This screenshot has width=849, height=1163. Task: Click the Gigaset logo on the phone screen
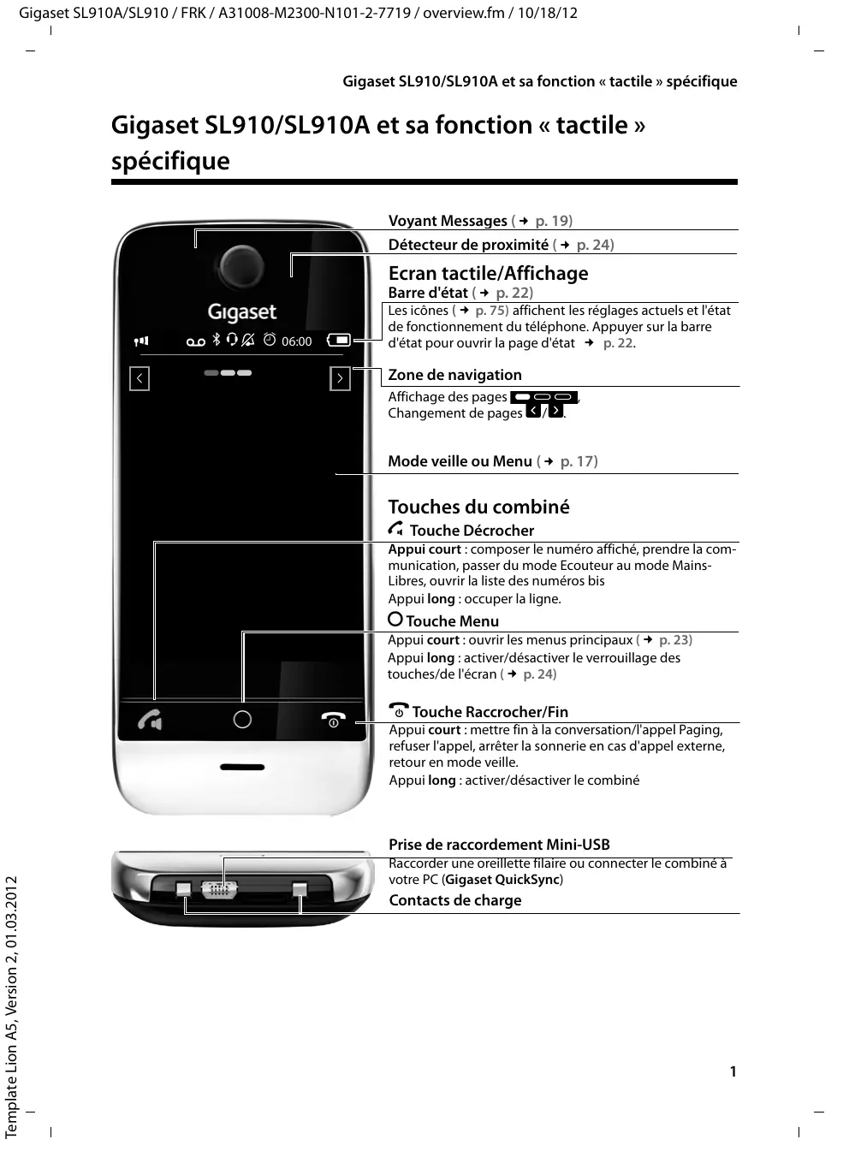point(242,312)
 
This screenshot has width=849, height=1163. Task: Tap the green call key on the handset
point(150,721)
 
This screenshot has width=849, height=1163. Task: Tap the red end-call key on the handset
point(333,720)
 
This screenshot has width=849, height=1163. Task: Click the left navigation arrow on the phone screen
point(140,378)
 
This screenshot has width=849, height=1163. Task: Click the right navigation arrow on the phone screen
point(340,378)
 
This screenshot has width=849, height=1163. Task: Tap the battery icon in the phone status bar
point(340,340)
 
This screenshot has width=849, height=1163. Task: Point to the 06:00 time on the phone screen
point(297,341)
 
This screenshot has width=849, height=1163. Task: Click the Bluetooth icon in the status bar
point(217,340)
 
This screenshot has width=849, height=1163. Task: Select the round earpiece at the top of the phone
point(242,264)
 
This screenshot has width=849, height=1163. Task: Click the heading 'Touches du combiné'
point(478,507)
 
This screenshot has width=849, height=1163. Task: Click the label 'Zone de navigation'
point(454,375)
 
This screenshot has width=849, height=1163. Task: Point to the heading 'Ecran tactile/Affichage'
point(488,273)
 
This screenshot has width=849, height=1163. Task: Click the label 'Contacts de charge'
point(454,900)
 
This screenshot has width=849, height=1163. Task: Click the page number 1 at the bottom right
point(733,1071)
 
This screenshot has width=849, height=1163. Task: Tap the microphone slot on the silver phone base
point(242,768)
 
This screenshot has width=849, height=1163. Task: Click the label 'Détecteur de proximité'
point(468,245)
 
